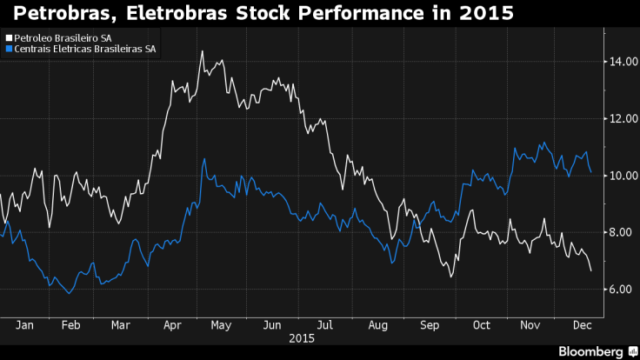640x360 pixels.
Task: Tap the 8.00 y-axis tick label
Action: point(621,232)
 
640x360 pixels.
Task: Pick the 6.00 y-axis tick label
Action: point(621,289)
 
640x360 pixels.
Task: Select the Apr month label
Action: point(172,324)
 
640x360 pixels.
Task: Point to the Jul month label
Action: point(324,324)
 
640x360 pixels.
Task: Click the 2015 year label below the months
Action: point(302,337)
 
